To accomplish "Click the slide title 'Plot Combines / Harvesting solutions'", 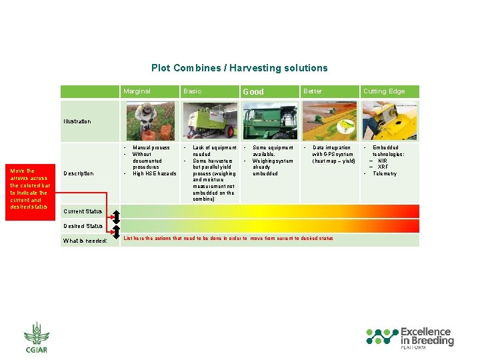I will [239, 68].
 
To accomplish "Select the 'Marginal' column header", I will [137, 91].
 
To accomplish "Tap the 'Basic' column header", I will [192, 91].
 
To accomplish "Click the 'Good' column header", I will [253, 92].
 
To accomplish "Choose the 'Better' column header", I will [312, 91].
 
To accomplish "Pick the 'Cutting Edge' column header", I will [383, 91].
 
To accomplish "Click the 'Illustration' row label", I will [77, 121].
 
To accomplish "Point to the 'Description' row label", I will [78, 173].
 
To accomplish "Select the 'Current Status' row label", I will [83, 211].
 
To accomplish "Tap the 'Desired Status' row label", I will [83, 226].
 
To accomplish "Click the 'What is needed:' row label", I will [85, 241].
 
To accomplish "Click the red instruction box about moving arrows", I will [29, 189].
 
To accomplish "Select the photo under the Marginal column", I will [150, 121].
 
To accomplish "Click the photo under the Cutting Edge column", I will [389, 121].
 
